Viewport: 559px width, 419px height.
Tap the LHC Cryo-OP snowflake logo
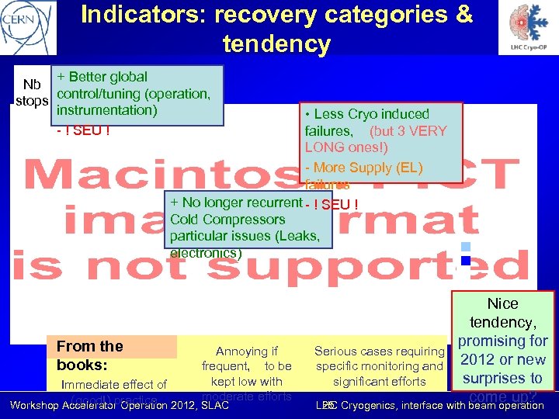click(532, 27)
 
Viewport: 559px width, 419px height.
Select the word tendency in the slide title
click(276, 43)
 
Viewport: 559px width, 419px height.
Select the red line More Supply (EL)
click(363, 168)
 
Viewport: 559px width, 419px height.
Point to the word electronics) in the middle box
click(206, 253)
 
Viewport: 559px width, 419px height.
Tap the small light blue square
click(466, 247)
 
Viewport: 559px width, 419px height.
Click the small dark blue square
click(466, 261)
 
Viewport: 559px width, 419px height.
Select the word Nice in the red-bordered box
click(502, 303)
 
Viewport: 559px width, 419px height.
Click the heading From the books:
click(90, 355)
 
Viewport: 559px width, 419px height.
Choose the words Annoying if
click(247, 351)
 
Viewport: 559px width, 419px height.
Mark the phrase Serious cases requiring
click(378, 351)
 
